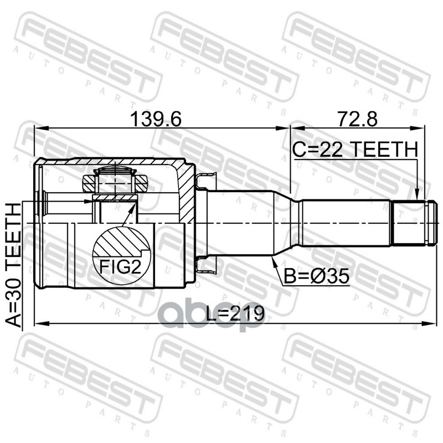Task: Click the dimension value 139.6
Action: (x=156, y=119)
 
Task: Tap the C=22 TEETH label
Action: (x=355, y=150)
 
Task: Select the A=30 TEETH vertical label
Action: (x=13, y=265)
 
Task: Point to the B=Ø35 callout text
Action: (x=316, y=276)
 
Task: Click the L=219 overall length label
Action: (x=235, y=313)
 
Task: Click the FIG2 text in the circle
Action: (x=120, y=266)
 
